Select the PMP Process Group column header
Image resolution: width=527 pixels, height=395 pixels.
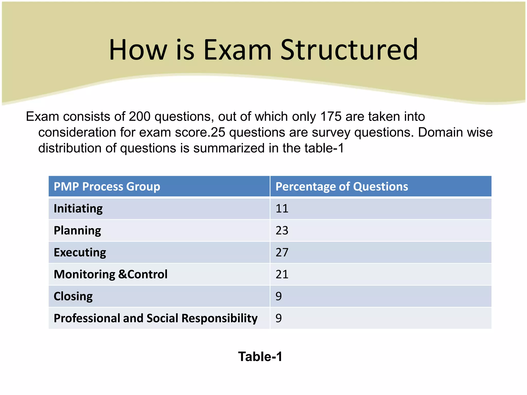click(x=107, y=186)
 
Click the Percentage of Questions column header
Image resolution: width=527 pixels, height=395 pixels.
click(x=342, y=186)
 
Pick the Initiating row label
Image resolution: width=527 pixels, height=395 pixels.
click(x=78, y=209)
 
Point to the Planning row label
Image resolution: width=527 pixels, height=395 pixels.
click(x=77, y=230)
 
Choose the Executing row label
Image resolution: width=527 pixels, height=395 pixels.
click(x=80, y=253)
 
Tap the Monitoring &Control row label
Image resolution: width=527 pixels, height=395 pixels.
click(x=111, y=274)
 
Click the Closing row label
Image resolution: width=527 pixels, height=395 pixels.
click(x=73, y=296)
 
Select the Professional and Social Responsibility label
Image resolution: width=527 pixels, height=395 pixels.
click(x=155, y=318)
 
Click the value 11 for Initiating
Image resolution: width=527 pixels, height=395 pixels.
click(x=282, y=209)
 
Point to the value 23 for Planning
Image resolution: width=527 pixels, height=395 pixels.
click(x=282, y=230)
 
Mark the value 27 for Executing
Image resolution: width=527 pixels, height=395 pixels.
click(x=282, y=253)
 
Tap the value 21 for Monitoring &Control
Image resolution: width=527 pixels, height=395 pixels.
click(x=282, y=274)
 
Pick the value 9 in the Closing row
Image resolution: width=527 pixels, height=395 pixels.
click(x=279, y=296)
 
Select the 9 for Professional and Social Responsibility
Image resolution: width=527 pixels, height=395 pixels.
click(x=279, y=318)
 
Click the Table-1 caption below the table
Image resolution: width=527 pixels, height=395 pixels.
click(x=260, y=357)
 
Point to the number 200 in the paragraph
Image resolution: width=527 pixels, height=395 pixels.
click(x=140, y=116)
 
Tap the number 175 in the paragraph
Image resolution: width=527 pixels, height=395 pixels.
click(x=331, y=116)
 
